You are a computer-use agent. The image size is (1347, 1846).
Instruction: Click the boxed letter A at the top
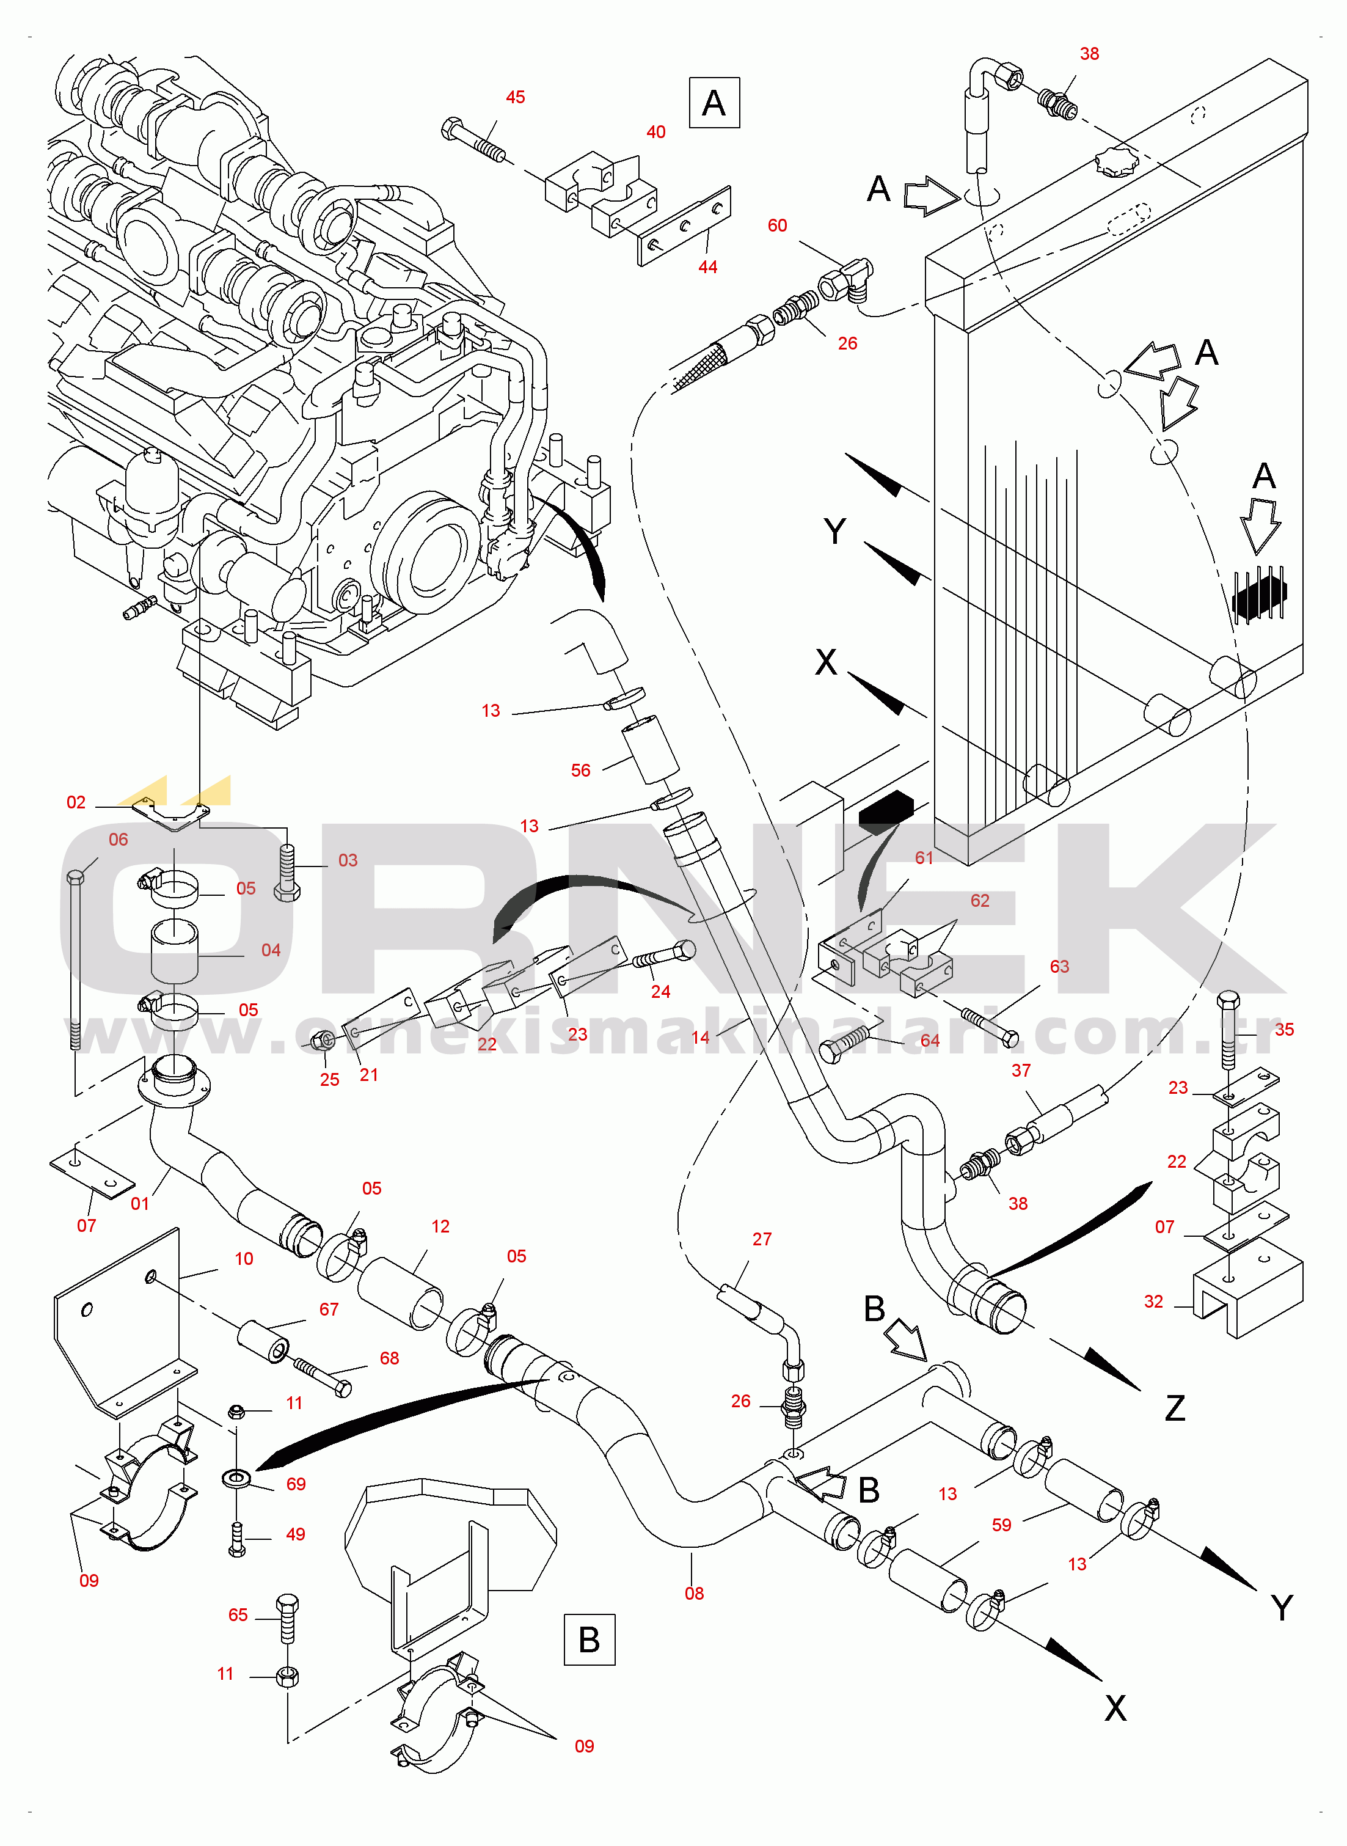coord(714,103)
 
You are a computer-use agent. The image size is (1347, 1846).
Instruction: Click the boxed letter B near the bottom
coord(589,1639)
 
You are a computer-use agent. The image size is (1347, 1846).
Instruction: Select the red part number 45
coord(516,97)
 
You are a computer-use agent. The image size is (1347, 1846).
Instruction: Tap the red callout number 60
coord(777,225)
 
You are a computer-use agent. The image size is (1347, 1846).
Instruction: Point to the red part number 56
coord(580,770)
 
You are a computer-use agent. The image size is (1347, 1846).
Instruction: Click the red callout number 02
coord(76,802)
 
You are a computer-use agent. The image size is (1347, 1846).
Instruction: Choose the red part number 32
coord(1153,1300)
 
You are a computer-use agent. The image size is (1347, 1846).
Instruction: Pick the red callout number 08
coord(694,1592)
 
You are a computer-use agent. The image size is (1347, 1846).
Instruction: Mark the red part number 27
coord(762,1239)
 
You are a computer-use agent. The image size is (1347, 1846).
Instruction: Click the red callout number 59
coord(1001,1524)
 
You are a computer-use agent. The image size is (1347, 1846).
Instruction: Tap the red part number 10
coord(244,1258)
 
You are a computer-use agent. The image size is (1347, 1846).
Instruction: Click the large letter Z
coord(1174,1408)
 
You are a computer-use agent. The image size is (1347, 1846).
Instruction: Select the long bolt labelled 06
coord(75,962)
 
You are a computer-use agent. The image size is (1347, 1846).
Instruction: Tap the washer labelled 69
coord(237,1477)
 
